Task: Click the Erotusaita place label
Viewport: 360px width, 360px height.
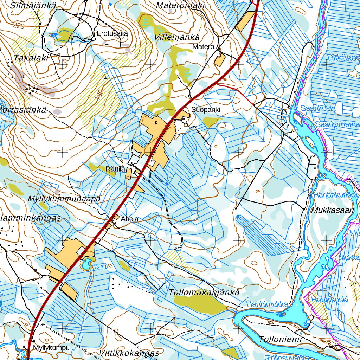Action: coord(112,34)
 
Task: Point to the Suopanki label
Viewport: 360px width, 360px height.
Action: coord(206,110)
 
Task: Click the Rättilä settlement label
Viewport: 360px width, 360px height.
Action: coord(115,169)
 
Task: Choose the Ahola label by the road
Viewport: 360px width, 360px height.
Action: coord(129,219)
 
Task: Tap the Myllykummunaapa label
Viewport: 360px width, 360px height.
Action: coord(64,199)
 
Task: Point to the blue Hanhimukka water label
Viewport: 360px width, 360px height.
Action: coord(267,304)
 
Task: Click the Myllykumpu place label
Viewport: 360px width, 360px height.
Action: coord(51,348)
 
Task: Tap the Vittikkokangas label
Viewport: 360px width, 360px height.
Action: coord(129,353)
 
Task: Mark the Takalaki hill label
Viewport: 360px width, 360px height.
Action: coord(31,58)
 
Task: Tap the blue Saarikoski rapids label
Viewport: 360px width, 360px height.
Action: coord(317,108)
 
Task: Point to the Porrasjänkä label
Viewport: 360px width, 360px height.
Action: coord(23,110)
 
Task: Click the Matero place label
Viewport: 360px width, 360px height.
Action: coord(203,47)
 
